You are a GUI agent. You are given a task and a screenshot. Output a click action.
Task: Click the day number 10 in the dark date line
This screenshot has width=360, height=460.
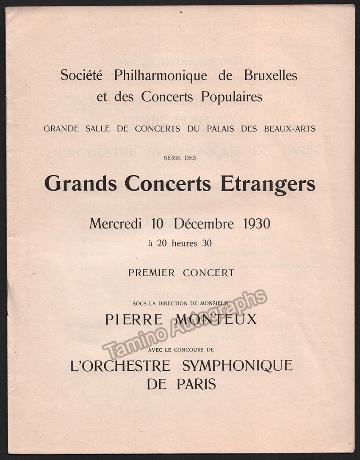157,223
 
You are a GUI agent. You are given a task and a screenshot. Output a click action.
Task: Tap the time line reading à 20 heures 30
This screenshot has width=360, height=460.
180,243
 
